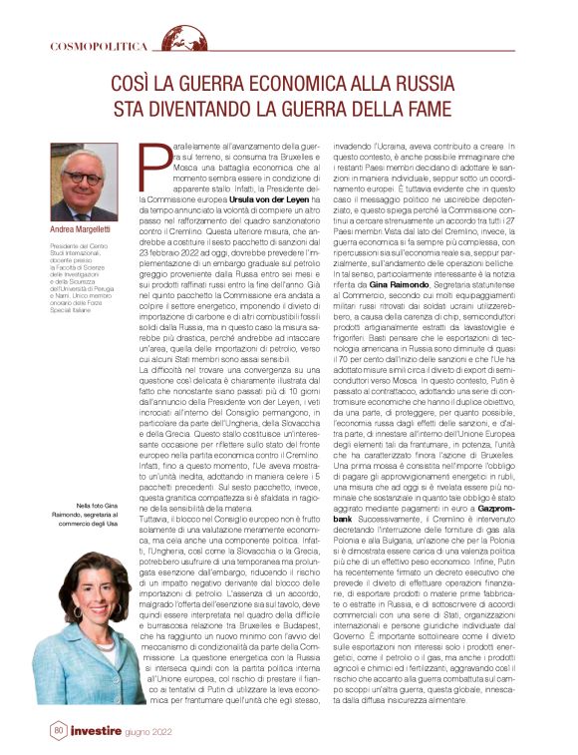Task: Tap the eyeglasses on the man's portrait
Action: tap(83, 178)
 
